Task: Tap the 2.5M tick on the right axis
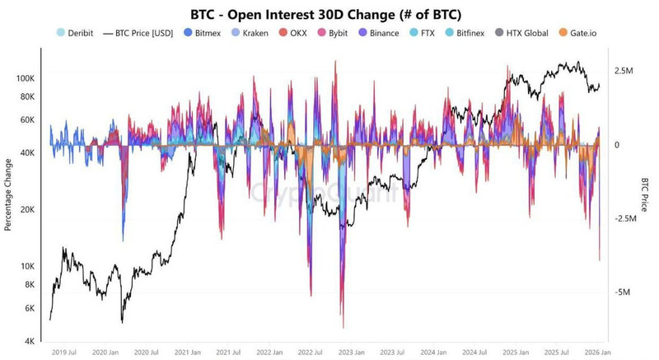tap(624, 72)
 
